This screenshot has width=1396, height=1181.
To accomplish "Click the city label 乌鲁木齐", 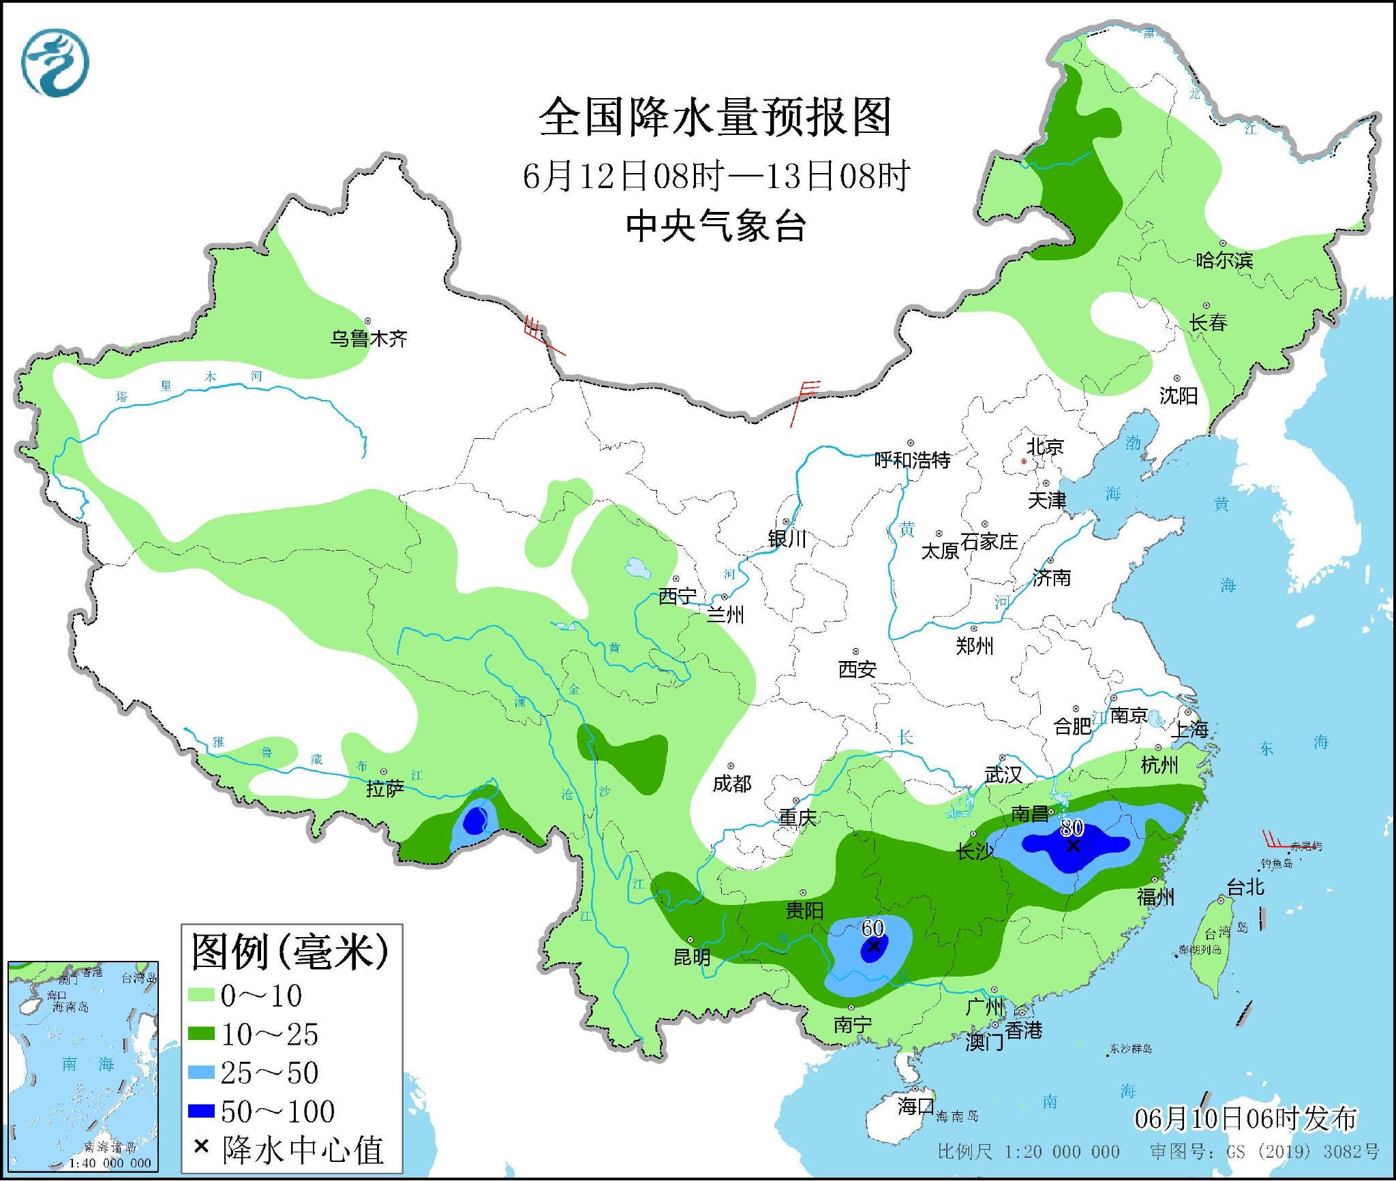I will point(368,338).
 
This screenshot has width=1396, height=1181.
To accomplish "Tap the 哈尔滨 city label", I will point(1224,260).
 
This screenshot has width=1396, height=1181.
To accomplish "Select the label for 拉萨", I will point(385,788).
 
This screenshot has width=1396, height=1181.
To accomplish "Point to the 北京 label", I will point(1045,447).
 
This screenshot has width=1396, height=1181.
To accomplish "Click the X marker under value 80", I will point(1073,846).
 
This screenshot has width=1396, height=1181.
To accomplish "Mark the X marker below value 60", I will point(873,946).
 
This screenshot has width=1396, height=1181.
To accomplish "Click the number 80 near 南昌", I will point(1072,827).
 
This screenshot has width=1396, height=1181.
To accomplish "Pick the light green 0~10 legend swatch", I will point(201,996).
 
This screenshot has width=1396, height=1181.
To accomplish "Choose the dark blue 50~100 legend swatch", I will point(201,1111).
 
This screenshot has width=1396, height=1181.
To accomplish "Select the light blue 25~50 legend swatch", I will point(201,1073).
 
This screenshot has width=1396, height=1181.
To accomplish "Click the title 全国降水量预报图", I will point(715,117).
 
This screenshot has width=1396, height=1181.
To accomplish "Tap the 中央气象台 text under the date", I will point(716,226).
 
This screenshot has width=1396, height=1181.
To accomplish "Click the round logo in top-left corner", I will point(55,63).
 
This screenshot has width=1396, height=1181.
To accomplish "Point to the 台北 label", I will point(1245,887).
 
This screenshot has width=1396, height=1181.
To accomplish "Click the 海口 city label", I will point(915,1105).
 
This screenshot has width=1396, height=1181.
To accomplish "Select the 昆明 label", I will point(692,957).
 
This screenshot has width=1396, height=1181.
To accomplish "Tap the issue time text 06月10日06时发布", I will point(1245,1118).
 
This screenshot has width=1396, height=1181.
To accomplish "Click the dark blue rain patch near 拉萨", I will point(474,823).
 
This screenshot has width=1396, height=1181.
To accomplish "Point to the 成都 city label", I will point(732,784).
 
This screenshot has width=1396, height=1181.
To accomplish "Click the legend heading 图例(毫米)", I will point(290,952).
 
